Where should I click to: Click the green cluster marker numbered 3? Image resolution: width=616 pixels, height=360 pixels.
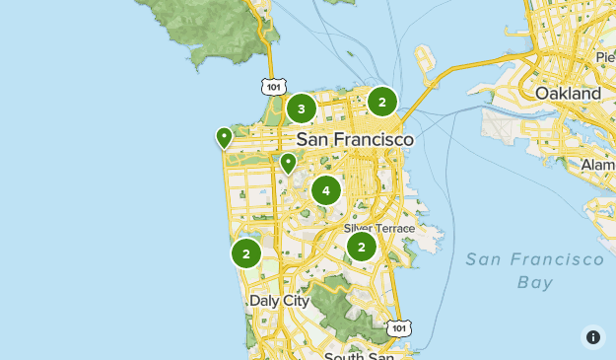(301, 108)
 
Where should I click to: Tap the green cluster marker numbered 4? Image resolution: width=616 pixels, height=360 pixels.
(325, 189)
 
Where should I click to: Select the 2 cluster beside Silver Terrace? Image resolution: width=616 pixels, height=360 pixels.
(362, 247)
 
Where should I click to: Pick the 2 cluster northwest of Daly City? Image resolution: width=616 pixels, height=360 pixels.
(245, 253)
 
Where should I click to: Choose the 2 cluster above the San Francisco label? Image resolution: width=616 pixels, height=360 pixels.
(382, 101)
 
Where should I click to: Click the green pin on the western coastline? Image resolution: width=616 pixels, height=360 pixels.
(224, 137)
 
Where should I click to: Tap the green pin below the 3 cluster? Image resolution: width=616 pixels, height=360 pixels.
(288, 163)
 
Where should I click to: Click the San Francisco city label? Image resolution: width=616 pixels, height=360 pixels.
(355, 140)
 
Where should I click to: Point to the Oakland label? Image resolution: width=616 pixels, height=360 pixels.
(567, 93)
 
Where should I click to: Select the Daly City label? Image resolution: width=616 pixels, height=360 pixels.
(279, 300)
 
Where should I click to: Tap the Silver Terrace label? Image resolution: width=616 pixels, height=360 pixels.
(379, 228)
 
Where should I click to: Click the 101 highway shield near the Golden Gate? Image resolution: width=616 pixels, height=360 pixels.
(273, 87)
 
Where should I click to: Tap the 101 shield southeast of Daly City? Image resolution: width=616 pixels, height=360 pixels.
(397, 326)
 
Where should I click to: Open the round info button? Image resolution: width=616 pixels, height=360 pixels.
(592, 336)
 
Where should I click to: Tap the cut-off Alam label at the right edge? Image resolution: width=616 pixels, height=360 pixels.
(598, 164)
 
